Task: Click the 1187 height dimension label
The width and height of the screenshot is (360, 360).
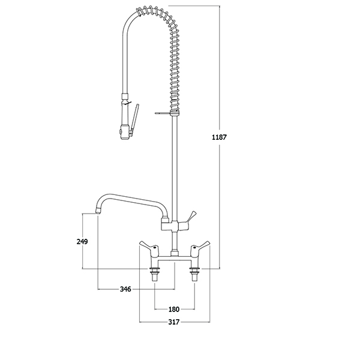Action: click(219, 137)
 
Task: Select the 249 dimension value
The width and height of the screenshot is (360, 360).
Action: click(82, 242)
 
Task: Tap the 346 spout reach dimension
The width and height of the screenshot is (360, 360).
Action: click(125, 289)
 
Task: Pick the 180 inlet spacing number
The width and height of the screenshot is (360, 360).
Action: click(174, 309)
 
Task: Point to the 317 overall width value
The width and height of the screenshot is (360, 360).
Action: click(174, 322)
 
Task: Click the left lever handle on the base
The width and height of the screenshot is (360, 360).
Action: click(147, 245)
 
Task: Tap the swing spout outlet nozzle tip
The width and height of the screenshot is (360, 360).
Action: click(98, 211)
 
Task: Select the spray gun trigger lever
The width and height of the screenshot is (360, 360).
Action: click(134, 119)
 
